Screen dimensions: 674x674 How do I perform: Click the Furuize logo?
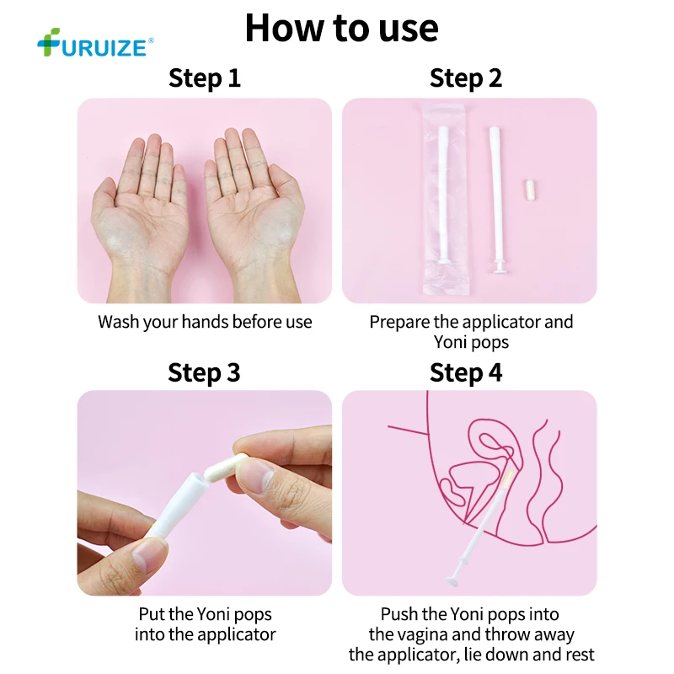coord(95,43)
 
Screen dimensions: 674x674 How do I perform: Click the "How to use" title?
coord(342,29)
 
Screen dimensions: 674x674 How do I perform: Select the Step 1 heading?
coord(205,78)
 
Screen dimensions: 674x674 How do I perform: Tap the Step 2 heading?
coord(466,78)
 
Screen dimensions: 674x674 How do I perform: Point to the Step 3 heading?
coord(204,372)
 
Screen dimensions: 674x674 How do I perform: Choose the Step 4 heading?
coord(466,372)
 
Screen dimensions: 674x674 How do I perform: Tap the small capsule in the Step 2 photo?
coord(531,190)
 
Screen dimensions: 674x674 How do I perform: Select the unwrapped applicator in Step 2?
coord(496,200)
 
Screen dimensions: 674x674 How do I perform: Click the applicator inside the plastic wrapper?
coord(444,195)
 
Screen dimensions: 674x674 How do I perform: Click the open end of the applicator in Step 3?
coord(195,479)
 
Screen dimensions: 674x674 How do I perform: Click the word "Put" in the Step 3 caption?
coord(152,614)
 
